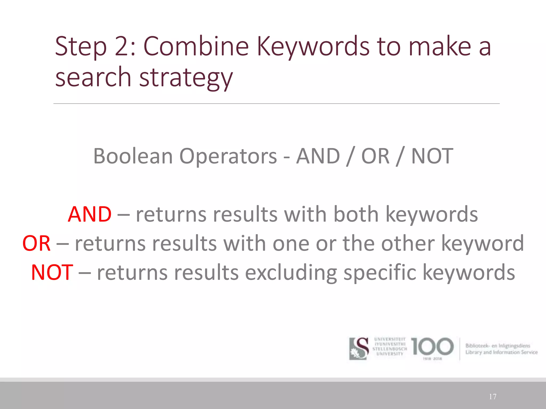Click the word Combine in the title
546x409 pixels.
pyautogui.click(x=196, y=46)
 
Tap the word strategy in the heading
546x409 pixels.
pyautogui.click(x=186, y=78)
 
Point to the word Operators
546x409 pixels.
pyautogui.click(x=228, y=157)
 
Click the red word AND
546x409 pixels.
pyautogui.click(x=90, y=214)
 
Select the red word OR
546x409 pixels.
pyautogui.click(x=37, y=243)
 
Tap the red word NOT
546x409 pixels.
pyautogui.click(x=52, y=272)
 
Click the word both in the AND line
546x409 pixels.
pyautogui.click(x=356, y=214)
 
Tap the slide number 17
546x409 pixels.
pyautogui.click(x=493, y=397)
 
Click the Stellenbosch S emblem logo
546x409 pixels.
pyautogui.click(x=359, y=348)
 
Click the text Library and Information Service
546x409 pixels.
pyautogui.click(x=501, y=352)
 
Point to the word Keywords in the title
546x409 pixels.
pyautogui.click(x=313, y=47)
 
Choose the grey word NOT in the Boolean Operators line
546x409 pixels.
pyautogui.click(x=432, y=156)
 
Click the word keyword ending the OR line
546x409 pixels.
pyautogui.click(x=483, y=243)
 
